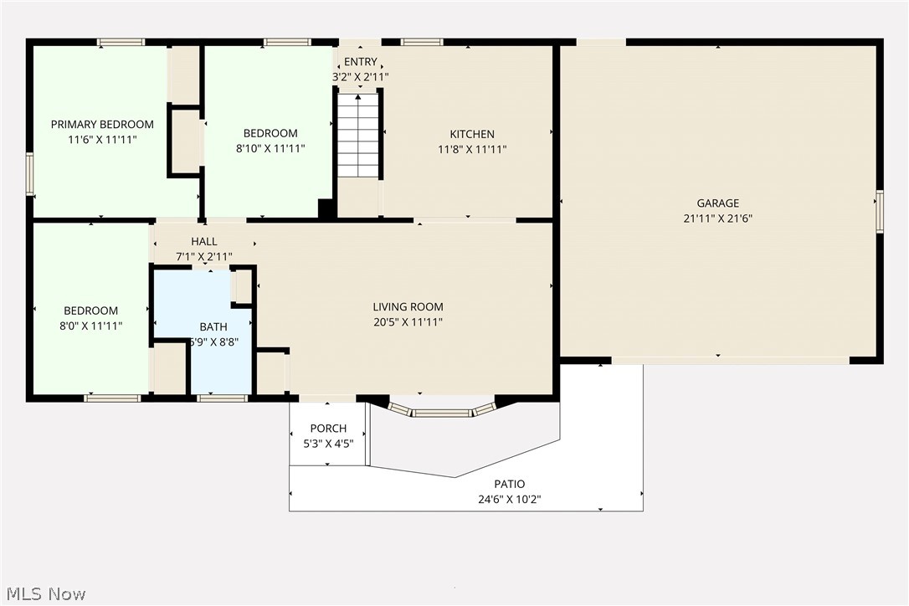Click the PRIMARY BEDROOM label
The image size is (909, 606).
point(102,125)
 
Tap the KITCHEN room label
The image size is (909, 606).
point(472,134)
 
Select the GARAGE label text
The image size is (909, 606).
point(717,203)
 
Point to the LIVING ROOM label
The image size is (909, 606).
point(408,307)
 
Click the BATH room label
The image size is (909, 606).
point(213,326)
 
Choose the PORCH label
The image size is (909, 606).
point(328,429)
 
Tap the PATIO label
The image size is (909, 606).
point(509,484)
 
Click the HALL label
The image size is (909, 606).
point(203,242)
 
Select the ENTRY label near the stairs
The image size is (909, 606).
point(360,62)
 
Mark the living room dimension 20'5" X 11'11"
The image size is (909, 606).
point(408,322)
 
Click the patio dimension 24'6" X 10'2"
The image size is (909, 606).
point(509,500)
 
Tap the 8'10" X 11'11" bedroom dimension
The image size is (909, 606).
point(270,149)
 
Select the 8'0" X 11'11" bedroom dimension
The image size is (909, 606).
point(90,326)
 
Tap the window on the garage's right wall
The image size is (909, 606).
point(879,210)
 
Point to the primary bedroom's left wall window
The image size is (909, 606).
point(29,173)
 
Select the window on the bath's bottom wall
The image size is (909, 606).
point(222,398)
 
